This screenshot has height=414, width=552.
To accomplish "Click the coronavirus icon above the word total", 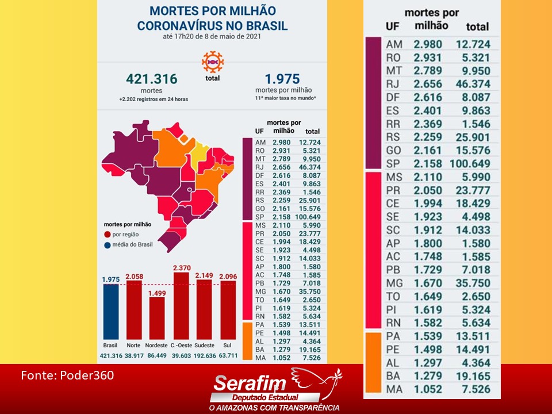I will click(212, 61).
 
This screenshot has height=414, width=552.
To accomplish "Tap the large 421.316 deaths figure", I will click(152, 79).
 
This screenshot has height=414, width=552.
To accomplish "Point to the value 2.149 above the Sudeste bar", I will click(204, 275).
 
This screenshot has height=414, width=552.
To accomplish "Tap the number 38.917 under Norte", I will click(134, 355).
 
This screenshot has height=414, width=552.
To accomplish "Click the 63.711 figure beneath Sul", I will click(228, 355).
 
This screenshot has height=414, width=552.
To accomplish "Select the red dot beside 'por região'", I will click(108, 234).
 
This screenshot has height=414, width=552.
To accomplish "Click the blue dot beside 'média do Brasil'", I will click(108, 246).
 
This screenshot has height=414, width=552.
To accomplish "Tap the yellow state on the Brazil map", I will click(199, 152).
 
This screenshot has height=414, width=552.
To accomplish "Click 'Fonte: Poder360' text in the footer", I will click(67, 375).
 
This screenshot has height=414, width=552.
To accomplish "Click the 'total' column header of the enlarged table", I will click(477, 26).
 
